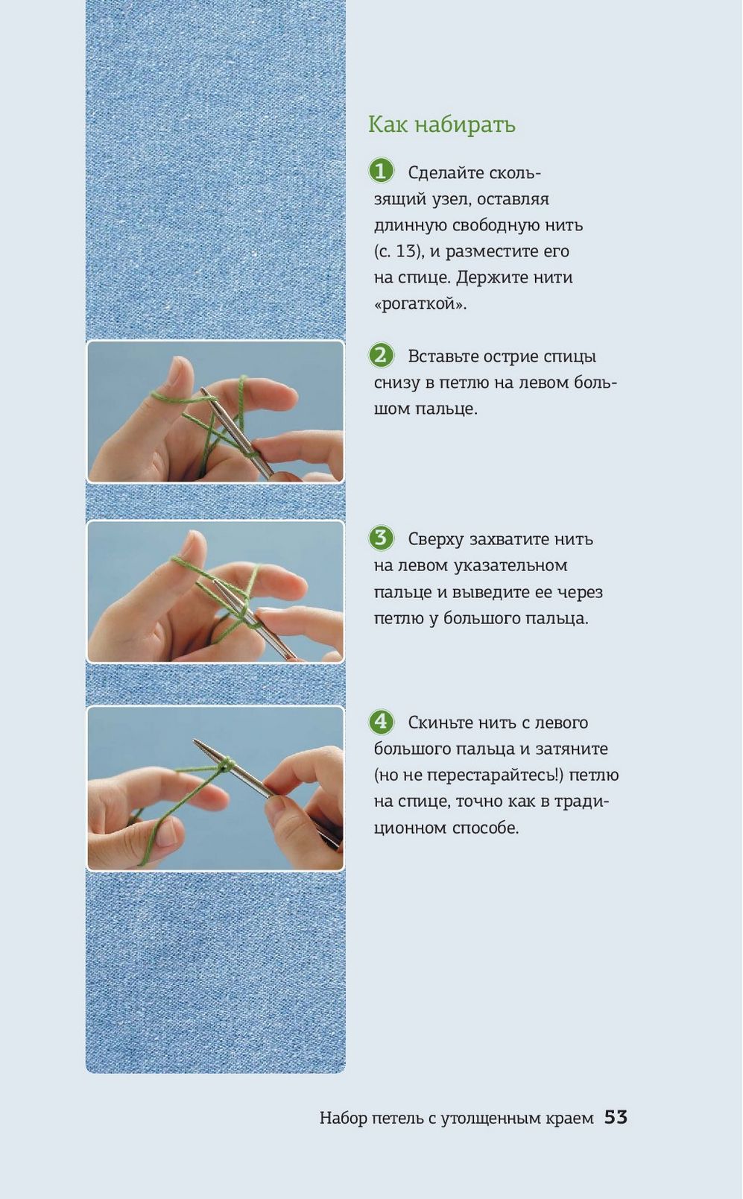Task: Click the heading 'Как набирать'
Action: click(442, 125)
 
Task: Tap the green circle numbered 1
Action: click(381, 171)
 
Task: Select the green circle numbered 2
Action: click(381, 355)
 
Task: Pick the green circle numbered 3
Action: click(381, 538)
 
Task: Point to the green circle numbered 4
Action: click(381, 722)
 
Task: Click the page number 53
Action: click(616, 1117)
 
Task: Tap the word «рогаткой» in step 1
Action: click(420, 303)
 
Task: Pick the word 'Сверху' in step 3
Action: click(435, 540)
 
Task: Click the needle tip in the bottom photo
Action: click(195, 741)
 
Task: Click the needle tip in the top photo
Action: click(202, 390)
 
